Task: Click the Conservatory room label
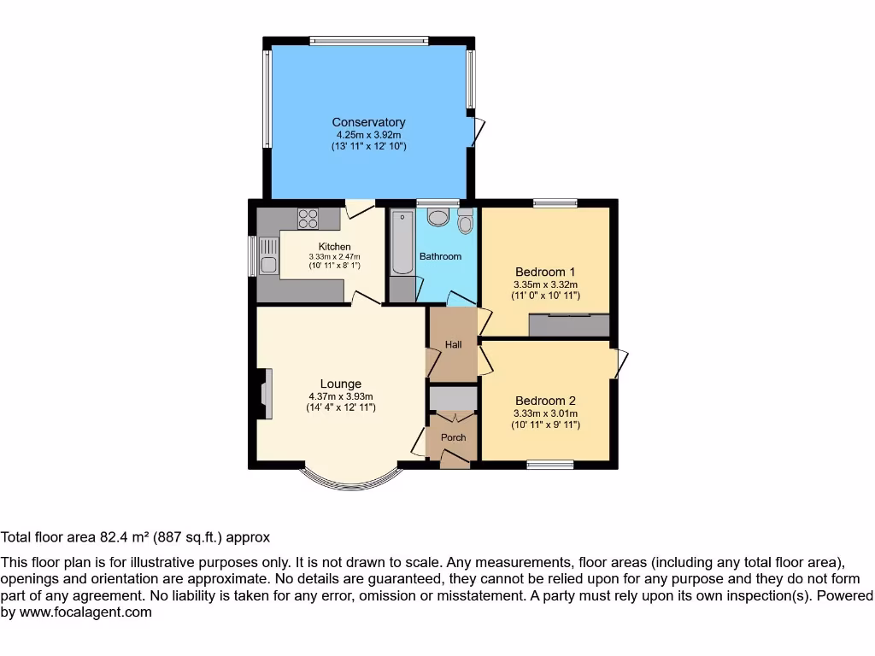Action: (368, 122)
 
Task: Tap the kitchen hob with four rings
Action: (308, 220)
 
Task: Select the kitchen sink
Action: (268, 255)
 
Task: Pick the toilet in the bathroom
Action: (465, 222)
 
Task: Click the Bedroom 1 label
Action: (545, 272)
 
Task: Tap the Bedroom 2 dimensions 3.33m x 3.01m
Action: (545, 414)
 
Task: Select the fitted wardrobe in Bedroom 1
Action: (568, 325)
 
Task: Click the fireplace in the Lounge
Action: (265, 394)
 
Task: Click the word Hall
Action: (453, 344)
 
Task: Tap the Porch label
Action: (453, 437)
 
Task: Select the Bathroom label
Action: (440, 256)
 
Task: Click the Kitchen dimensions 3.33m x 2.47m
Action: (334, 256)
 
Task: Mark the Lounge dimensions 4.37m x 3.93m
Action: (341, 396)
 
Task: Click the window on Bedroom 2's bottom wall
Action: (549, 465)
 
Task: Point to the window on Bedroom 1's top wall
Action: (555, 203)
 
